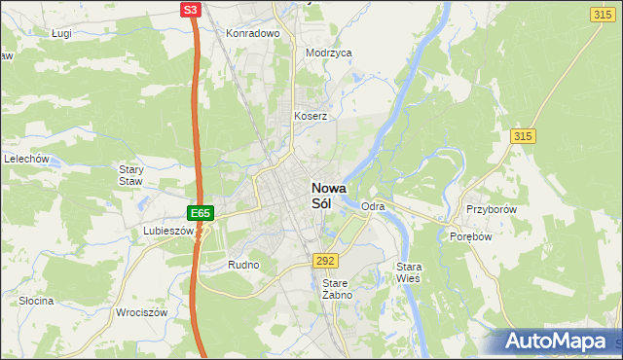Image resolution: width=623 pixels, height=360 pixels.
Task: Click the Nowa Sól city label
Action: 328,197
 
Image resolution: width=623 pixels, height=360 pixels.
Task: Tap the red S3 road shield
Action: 191,10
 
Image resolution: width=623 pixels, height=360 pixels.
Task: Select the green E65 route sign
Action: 200,212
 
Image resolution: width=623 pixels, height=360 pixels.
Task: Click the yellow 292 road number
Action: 325,261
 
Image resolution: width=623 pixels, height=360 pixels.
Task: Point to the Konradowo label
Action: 253,33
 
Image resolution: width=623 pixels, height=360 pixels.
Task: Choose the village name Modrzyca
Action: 328,54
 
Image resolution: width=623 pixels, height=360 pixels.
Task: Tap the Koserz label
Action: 311,116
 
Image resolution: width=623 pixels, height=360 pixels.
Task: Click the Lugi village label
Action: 63,33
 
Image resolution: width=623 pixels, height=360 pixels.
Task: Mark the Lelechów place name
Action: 27,159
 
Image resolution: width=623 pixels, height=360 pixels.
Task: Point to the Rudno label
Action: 242,264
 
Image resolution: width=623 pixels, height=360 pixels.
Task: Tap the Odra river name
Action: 373,207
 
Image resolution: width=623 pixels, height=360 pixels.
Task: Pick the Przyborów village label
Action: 490,210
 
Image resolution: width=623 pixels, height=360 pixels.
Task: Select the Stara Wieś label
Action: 408,271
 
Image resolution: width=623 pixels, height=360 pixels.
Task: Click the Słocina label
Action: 36,301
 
